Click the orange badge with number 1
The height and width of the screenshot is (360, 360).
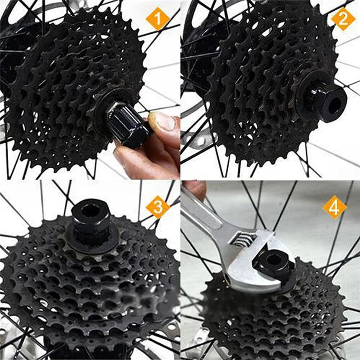tap(158, 19)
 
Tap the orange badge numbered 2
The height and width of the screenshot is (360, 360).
tap(343, 19)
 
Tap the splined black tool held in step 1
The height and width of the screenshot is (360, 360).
tap(129, 124)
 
